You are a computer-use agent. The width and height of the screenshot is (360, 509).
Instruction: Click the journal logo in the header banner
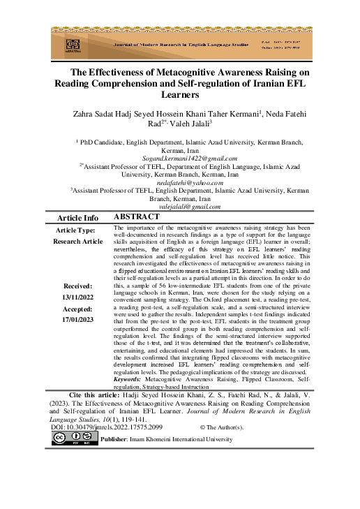(x=73, y=45)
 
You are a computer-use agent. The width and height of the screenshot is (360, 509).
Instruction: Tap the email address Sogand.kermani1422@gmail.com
(x=181, y=158)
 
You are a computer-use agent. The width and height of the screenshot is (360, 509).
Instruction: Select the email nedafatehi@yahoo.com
(x=181, y=182)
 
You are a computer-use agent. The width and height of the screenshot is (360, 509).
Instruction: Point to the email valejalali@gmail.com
(x=181, y=206)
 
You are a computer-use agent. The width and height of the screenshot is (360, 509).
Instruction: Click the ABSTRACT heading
(x=136, y=217)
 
